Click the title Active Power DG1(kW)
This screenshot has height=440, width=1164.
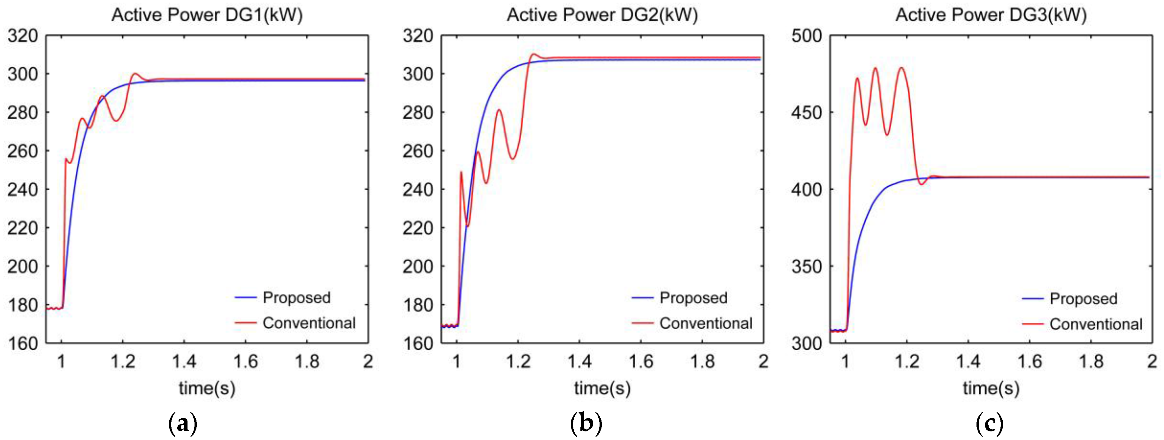[207, 15]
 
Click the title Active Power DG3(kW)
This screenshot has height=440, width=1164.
[991, 15]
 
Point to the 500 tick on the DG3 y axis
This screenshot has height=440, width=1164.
[807, 36]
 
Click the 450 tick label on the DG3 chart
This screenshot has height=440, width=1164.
[807, 112]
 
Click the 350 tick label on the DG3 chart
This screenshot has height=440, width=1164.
[807, 266]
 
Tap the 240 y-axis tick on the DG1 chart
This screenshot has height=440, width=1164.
[23, 190]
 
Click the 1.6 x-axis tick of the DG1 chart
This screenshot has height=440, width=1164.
[245, 362]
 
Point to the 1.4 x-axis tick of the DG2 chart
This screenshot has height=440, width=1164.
[579, 362]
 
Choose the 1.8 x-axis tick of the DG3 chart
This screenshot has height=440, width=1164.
[1091, 362]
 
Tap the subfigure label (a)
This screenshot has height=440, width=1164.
[182, 423]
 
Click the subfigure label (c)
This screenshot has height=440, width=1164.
[990, 423]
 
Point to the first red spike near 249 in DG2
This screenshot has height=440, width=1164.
[461, 172]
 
